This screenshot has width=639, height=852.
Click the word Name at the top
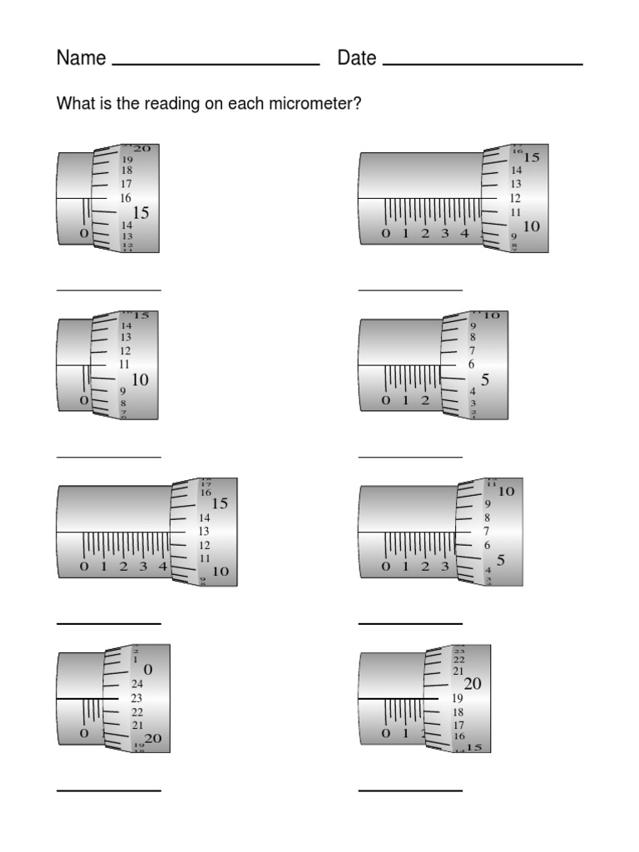coord(81,58)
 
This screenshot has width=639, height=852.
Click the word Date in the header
coord(357,58)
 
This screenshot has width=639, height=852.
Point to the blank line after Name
coord(215,64)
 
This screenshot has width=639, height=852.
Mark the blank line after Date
coord(483,64)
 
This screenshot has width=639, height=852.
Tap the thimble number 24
coord(137,684)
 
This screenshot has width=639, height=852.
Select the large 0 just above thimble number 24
coord(148,670)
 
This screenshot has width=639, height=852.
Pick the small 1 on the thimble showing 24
coord(136,660)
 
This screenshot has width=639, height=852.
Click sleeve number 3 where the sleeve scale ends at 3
coord(445,567)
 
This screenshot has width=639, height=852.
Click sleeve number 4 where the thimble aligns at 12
coord(464,234)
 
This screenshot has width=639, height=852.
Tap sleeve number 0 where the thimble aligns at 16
coord(84,234)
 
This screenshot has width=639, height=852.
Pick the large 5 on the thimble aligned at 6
coord(484,380)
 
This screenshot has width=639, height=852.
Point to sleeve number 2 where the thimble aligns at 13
coord(123,567)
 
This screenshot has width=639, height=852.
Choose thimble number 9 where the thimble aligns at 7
coord(487,503)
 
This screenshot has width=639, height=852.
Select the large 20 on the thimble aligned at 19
coord(473,684)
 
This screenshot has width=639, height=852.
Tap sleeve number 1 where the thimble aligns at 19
coord(405,733)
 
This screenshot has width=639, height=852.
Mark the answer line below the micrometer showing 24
coord(108,789)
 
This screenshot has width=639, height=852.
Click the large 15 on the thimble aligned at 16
coord(141,214)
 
